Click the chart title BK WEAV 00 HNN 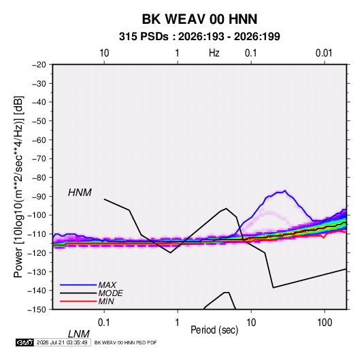click(x=199, y=19)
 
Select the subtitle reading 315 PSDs click(x=144, y=37)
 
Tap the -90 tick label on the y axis click(x=39, y=196)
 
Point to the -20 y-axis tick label click(x=39, y=65)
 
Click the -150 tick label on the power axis click(x=37, y=310)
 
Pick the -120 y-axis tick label click(x=37, y=252)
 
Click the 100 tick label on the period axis click(x=325, y=323)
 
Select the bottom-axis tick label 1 click(x=178, y=323)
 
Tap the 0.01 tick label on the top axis click(x=324, y=53)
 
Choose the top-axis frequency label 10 click(x=104, y=53)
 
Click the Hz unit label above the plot click(x=214, y=53)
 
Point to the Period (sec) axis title click(x=214, y=330)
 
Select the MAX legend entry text click(x=107, y=284)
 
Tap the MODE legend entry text click(x=110, y=293)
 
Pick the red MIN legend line click(x=78, y=301)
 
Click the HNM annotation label click(x=80, y=193)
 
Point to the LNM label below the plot click(x=78, y=334)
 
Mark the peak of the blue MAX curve click(x=285, y=191)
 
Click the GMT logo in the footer click(x=24, y=342)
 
